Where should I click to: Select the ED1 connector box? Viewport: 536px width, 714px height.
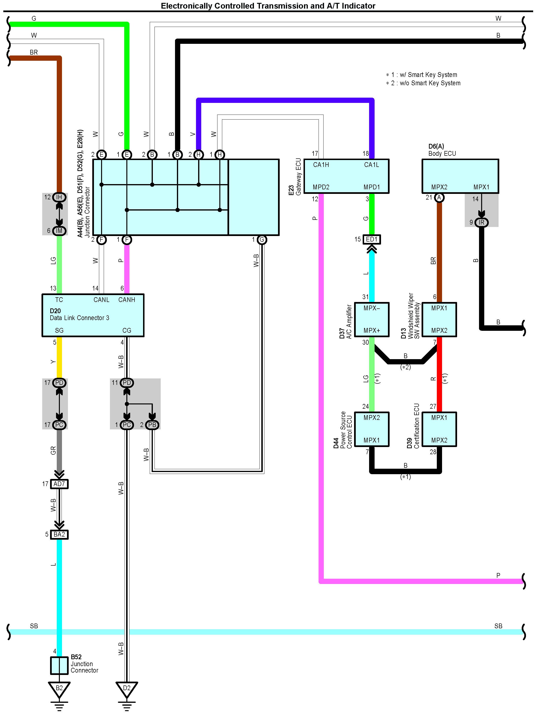pyautogui.click(x=372, y=239)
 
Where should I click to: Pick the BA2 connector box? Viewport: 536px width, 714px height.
pyautogui.click(x=59, y=534)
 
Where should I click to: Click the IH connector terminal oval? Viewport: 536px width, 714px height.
pyautogui.click(x=59, y=197)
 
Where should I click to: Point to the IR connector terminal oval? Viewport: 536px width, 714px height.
pyautogui.click(x=481, y=222)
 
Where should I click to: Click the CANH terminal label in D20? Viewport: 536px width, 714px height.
pyautogui.click(x=127, y=300)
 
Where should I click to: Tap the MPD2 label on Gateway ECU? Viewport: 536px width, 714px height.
pyautogui.click(x=321, y=187)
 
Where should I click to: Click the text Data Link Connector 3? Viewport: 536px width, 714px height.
pyautogui.click(x=79, y=318)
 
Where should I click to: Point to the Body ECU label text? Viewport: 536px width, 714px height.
pyautogui.click(x=442, y=154)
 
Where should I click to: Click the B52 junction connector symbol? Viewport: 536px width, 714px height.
pyautogui.click(x=59, y=666)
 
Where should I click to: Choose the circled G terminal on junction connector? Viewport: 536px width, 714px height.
pyautogui.click(x=262, y=240)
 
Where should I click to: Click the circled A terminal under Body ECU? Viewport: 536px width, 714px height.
pyautogui.click(x=439, y=197)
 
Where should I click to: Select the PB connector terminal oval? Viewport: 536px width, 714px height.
pyautogui.click(x=152, y=425)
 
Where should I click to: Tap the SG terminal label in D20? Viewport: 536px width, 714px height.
pyautogui.click(x=59, y=331)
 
